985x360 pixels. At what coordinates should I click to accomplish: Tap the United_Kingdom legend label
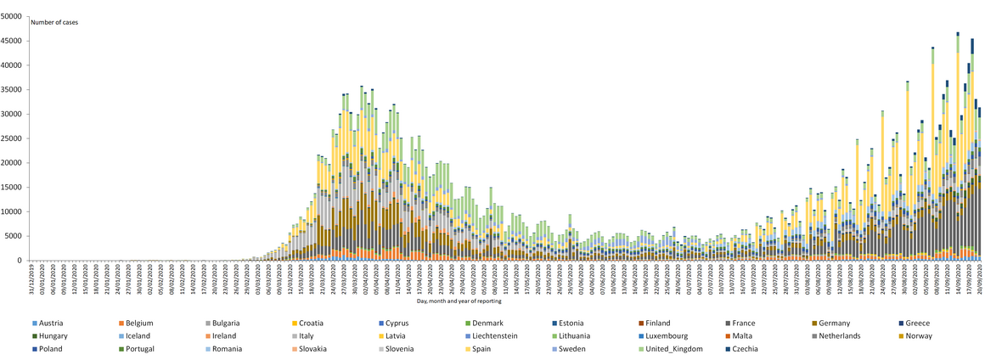(673, 349)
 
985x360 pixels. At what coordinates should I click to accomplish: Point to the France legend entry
(748, 323)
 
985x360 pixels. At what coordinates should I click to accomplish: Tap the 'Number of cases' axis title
(54, 22)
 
